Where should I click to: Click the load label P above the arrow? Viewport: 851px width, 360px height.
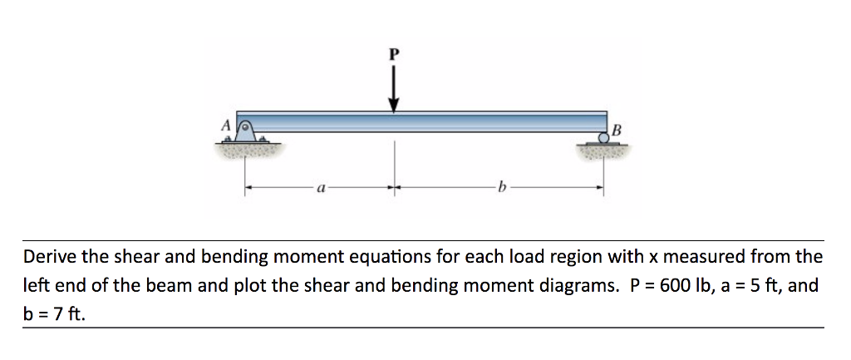click(394, 54)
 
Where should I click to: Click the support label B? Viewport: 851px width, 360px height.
click(616, 129)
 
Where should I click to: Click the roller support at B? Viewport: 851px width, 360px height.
click(604, 139)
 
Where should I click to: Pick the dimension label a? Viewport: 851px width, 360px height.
click(319, 189)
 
